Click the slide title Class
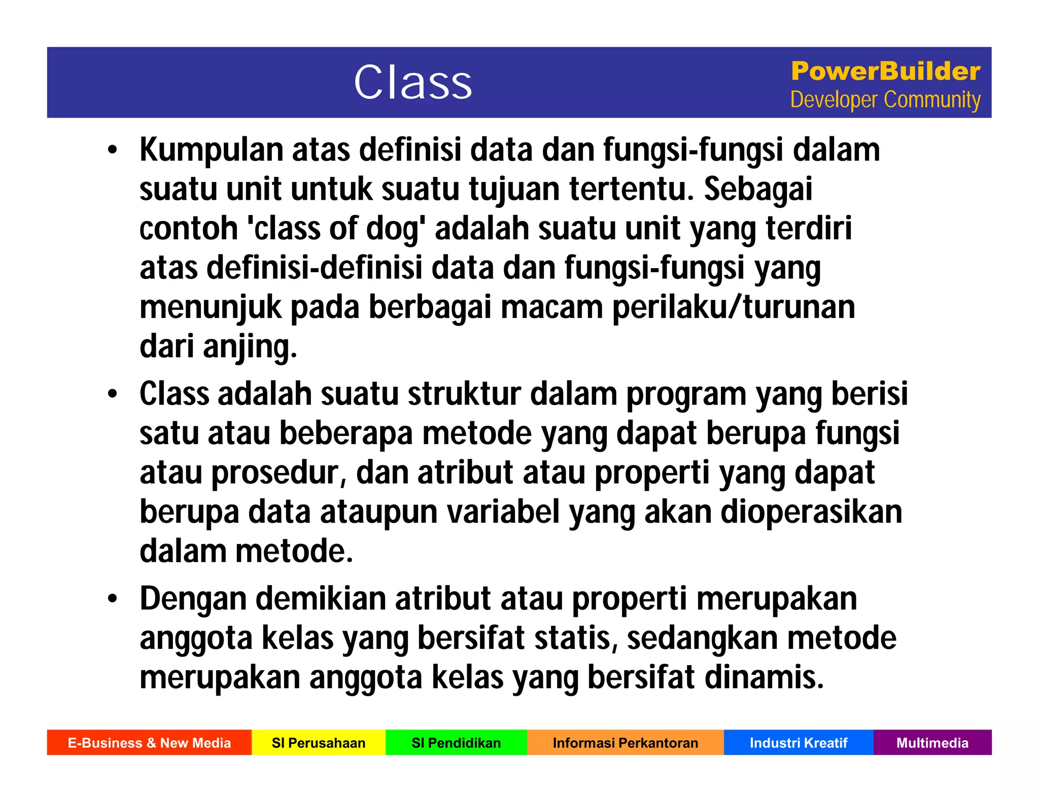click(x=412, y=83)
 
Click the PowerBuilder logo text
click(x=885, y=71)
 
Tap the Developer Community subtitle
click(x=885, y=100)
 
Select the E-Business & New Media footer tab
click(x=149, y=743)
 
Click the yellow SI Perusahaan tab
click(x=319, y=743)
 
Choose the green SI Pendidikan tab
click(x=456, y=743)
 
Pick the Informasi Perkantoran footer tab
click(x=625, y=743)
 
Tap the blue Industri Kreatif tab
click(x=798, y=743)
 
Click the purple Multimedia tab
click(x=932, y=743)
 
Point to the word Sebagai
click(x=758, y=190)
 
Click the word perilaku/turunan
click(x=734, y=308)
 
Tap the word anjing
click(x=250, y=348)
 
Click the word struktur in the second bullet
click(x=464, y=394)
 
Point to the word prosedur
click(x=278, y=473)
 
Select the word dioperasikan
click(x=811, y=512)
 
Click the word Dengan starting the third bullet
click(x=193, y=599)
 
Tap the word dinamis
click(x=764, y=678)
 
